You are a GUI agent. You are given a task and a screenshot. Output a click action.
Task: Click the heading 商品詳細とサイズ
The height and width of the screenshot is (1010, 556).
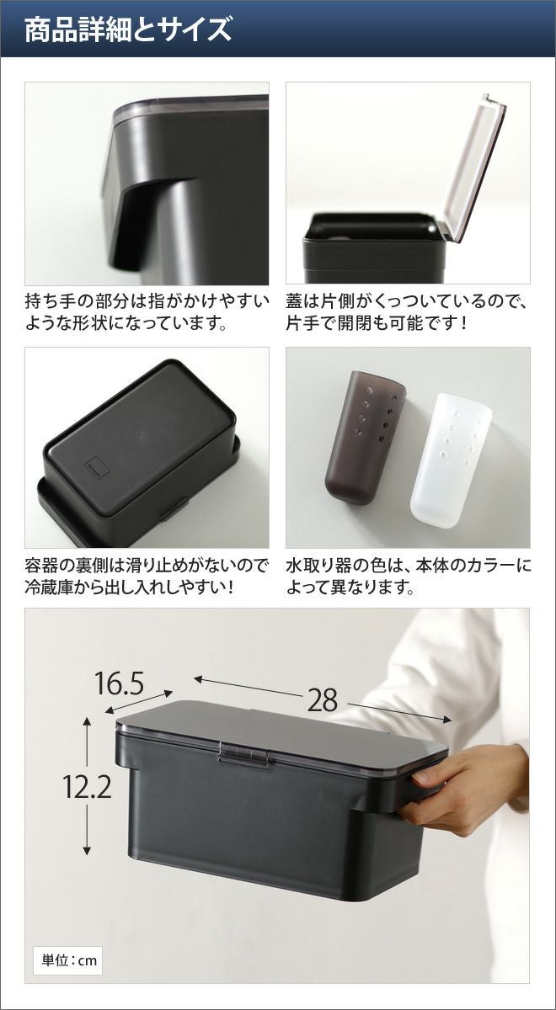pyautogui.click(x=128, y=29)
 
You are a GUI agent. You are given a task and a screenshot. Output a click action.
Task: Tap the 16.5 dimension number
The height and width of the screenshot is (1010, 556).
pyautogui.click(x=120, y=683)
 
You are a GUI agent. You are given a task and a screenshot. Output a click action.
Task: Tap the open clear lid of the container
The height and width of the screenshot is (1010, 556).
pyautogui.click(x=473, y=167)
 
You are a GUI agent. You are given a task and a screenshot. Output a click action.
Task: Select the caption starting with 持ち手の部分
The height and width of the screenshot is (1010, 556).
pyautogui.click(x=147, y=312)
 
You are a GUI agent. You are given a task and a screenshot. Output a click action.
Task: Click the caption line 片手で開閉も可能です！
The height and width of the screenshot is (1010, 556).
pyautogui.click(x=377, y=323)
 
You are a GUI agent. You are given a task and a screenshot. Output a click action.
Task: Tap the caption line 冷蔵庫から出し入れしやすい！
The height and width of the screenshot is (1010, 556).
pyautogui.click(x=130, y=588)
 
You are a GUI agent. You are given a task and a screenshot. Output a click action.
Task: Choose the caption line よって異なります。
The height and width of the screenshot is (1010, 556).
pyautogui.click(x=350, y=588)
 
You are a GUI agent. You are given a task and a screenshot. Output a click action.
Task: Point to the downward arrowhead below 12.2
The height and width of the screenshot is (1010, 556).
pyautogui.click(x=87, y=851)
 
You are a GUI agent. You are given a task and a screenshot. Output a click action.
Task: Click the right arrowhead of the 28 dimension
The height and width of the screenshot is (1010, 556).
pyautogui.click(x=447, y=719)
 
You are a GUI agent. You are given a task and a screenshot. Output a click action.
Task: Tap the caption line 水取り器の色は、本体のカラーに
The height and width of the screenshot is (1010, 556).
pyautogui.click(x=409, y=566)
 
